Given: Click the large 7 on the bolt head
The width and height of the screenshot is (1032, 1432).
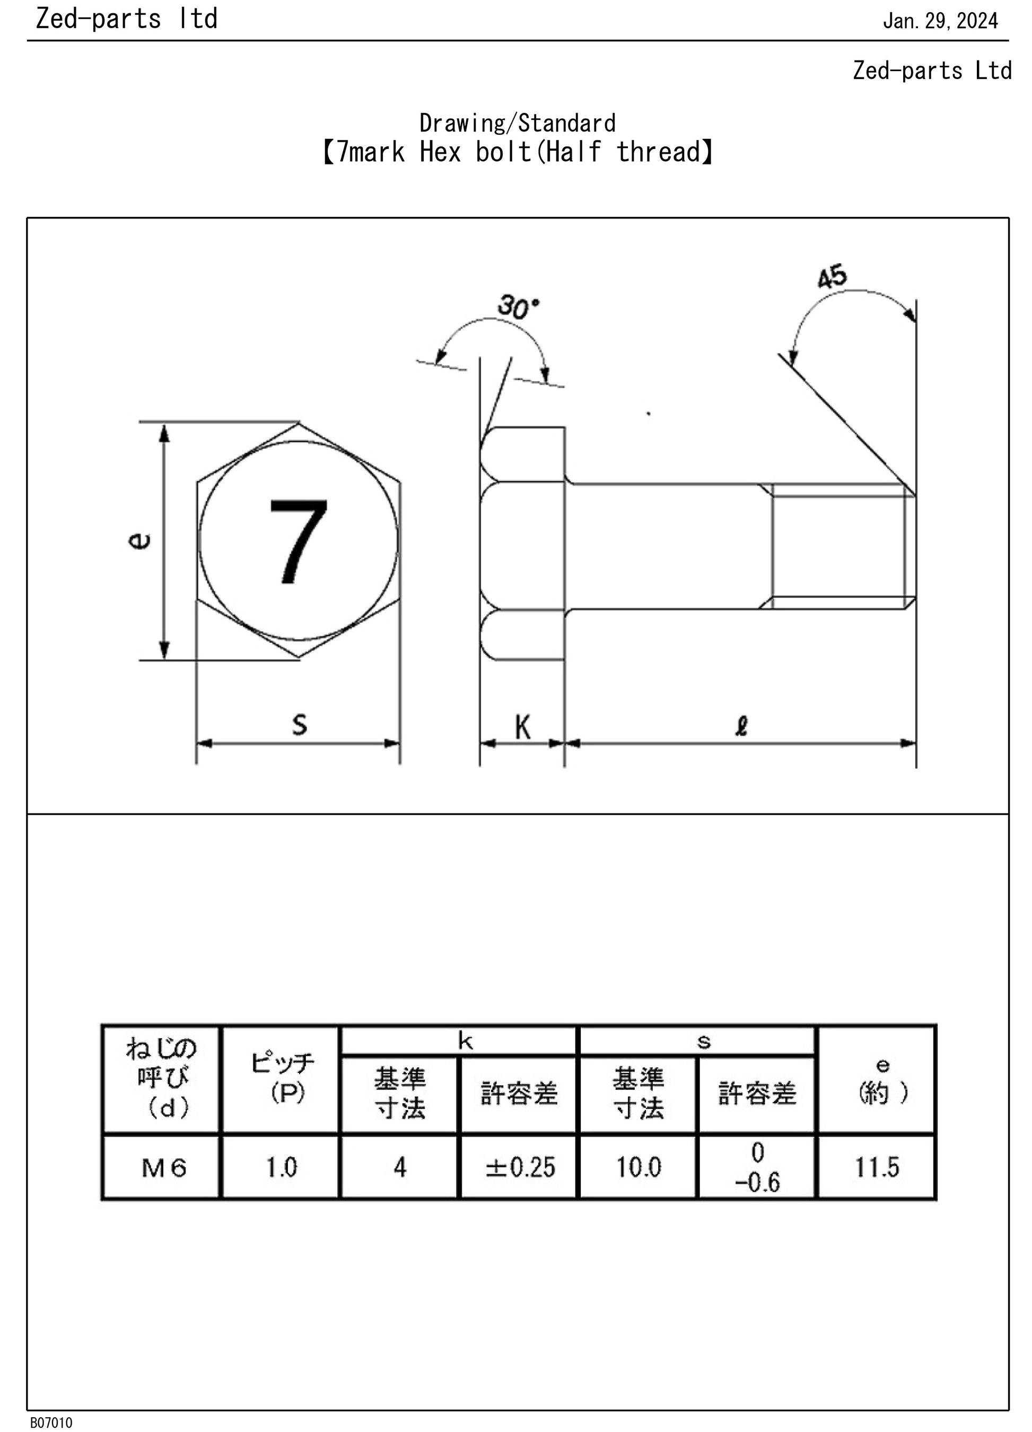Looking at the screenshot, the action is [299, 541].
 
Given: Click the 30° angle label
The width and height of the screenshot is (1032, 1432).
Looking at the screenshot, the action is [519, 308].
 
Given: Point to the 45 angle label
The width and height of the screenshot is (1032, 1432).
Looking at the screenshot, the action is [832, 277].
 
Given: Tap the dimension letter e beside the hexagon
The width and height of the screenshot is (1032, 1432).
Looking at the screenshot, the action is [140, 541].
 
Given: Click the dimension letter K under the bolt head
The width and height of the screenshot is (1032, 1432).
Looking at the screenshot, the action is [522, 727].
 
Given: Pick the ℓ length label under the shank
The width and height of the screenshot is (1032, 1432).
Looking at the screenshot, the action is [742, 726].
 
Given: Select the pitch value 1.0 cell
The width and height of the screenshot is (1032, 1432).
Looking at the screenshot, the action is [282, 1167].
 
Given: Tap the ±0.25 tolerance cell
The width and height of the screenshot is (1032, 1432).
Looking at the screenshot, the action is [521, 1167].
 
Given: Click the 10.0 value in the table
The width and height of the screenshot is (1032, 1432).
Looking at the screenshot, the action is [639, 1167].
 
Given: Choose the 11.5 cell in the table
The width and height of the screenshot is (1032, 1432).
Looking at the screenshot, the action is [877, 1167].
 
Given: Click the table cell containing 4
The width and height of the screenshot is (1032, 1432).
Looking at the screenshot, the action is [399, 1167].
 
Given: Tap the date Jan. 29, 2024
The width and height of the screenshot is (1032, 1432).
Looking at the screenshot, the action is [940, 21].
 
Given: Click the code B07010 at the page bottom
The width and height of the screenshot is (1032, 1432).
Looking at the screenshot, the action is [51, 1422].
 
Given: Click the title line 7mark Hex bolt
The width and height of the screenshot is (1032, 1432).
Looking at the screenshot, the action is [517, 152].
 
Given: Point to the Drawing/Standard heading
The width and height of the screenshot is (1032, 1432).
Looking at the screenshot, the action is [518, 122].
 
